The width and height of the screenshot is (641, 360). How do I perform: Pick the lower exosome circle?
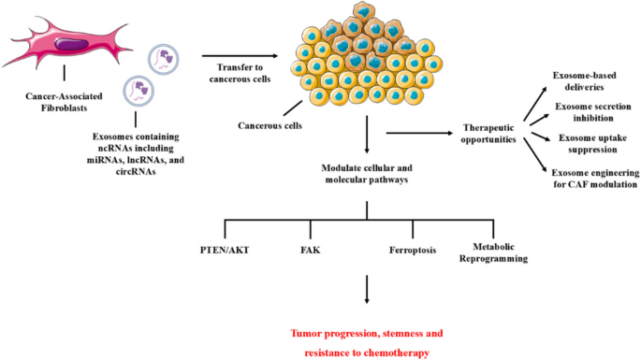[x=138, y=92]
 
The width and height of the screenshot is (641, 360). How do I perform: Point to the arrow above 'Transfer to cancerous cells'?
[x=234, y=56]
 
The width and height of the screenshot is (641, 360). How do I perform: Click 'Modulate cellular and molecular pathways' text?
[x=367, y=174]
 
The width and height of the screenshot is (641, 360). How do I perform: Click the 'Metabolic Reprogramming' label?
[x=493, y=252]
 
